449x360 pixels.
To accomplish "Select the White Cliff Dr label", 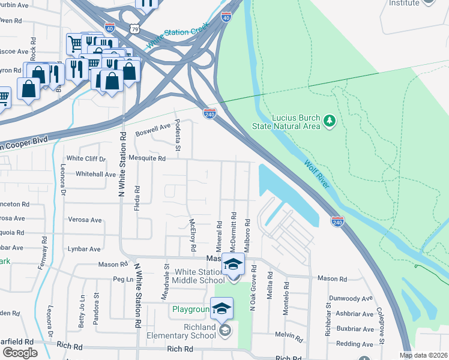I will [x=86, y=159].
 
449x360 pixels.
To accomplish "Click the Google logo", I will [x=20, y=353].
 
